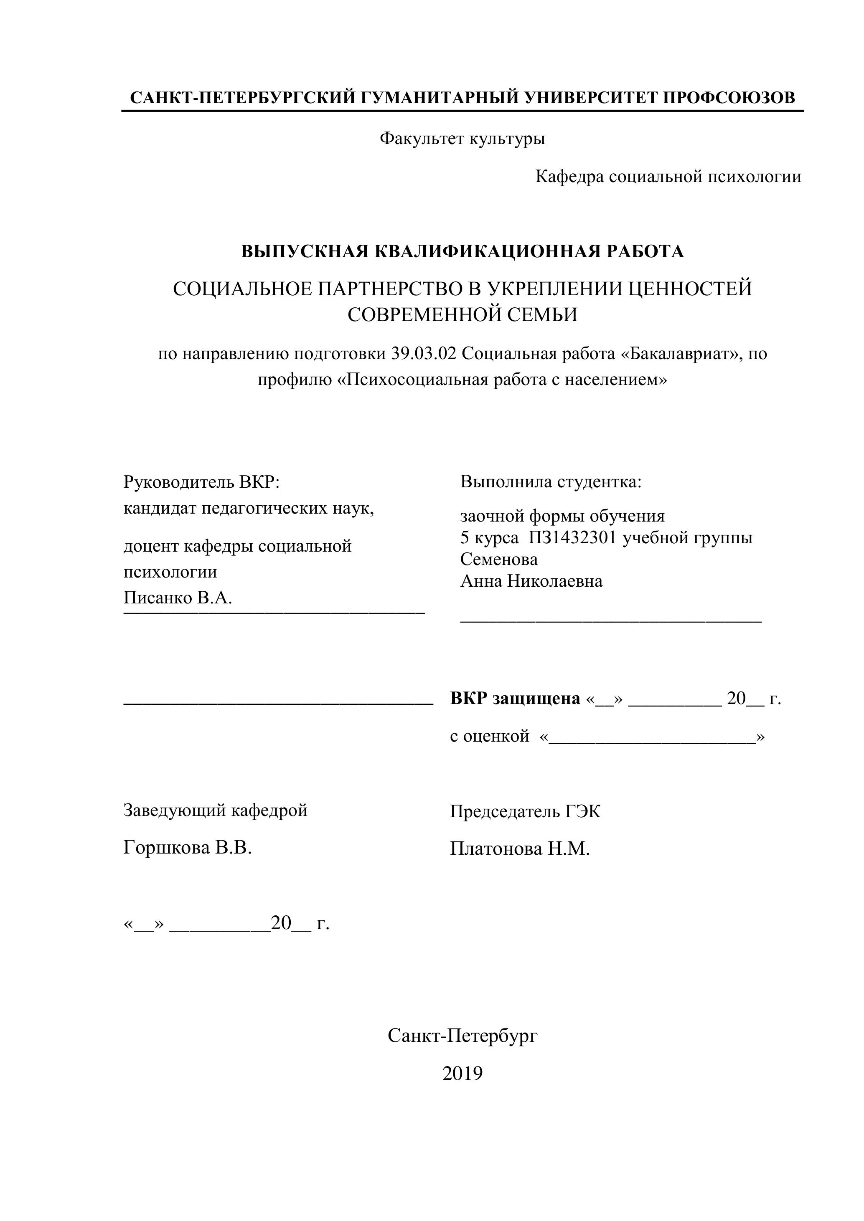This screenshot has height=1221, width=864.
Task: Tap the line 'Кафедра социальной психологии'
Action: pyautogui.click(x=668, y=177)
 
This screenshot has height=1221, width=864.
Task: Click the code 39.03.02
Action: pyautogui.click(x=424, y=354)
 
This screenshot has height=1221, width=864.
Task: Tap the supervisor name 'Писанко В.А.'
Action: pyautogui.click(x=178, y=598)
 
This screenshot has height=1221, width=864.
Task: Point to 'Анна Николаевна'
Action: pyautogui.click(x=531, y=581)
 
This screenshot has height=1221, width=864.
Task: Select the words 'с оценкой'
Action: pyautogui.click(x=490, y=736)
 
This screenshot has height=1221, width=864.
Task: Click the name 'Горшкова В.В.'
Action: pyautogui.click(x=187, y=848)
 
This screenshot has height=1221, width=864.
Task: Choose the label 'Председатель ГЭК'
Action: pyautogui.click(x=525, y=811)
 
